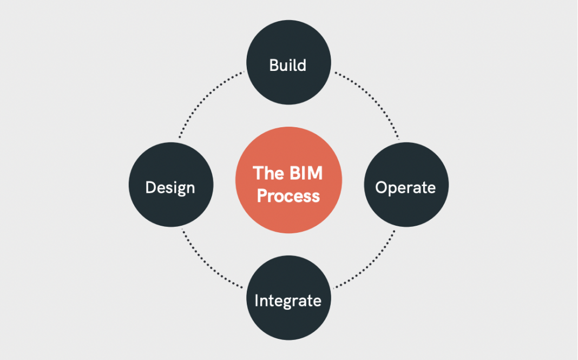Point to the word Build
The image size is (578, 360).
point(288,66)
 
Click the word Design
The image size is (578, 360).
point(170,188)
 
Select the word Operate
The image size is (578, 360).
point(406,188)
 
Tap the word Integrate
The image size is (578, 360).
point(288,301)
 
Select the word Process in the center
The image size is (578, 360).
point(288,195)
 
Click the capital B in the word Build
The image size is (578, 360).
point(274,66)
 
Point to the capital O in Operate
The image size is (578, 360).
point(382,188)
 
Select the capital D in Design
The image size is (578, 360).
point(151,188)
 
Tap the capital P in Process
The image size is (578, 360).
point(262,195)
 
